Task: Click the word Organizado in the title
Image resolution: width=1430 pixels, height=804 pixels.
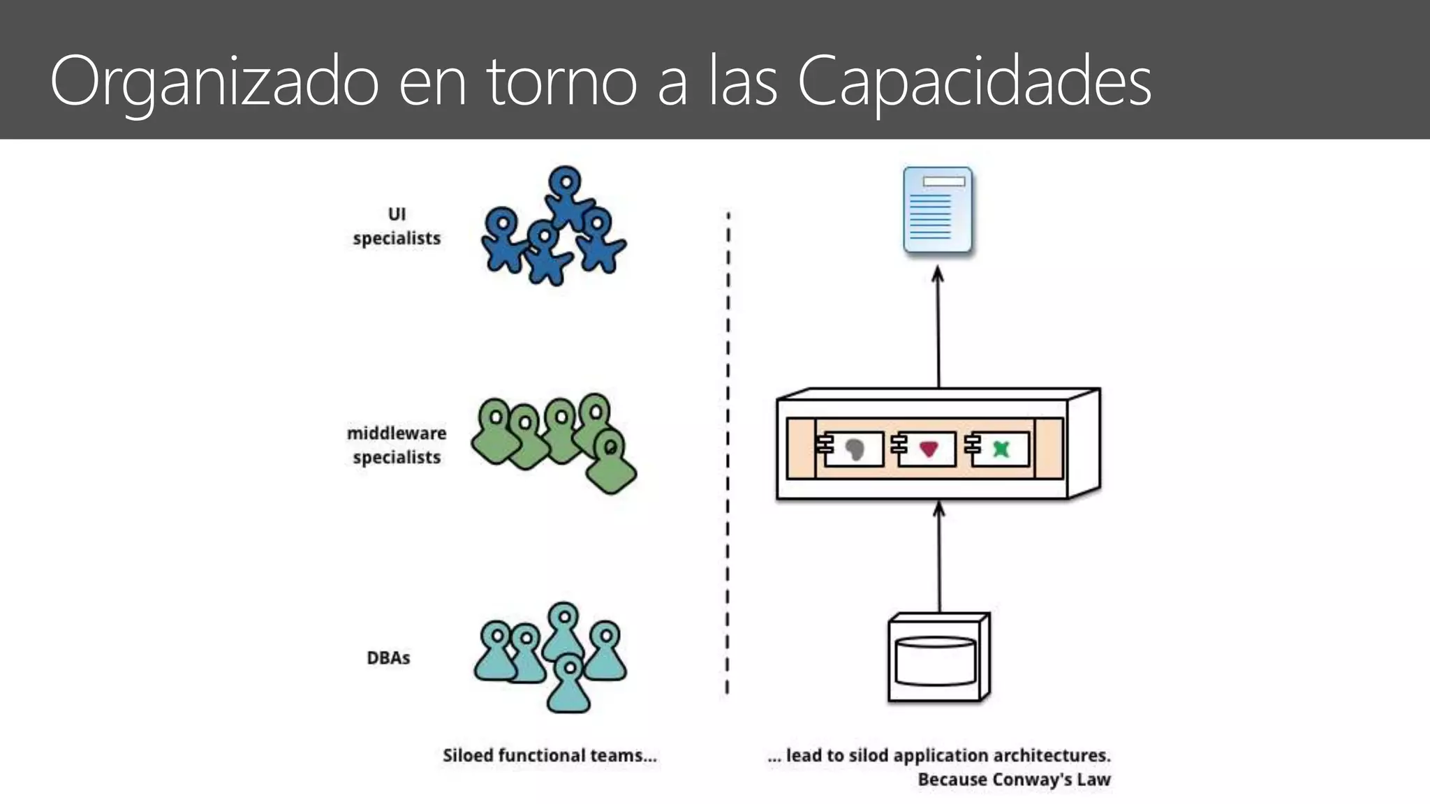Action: click(x=214, y=82)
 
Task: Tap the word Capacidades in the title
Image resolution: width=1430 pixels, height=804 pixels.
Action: click(x=973, y=82)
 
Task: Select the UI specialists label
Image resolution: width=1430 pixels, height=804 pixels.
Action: click(x=397, y=226)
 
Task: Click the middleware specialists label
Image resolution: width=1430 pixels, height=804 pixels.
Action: click(x=397, y=445)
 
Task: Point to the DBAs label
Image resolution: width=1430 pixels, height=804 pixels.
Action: click(x=388, y=657)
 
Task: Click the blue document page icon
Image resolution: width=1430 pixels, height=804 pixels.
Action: click(x=937, y=210)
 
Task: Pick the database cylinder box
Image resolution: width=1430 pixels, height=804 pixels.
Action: click(x=938, y=658)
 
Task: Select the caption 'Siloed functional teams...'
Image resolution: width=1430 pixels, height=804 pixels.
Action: click(x=550, y=755)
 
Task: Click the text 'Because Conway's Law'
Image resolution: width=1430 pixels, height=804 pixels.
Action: click(x=1014, y=780)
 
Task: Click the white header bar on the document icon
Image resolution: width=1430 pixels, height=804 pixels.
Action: click(x=943, y=181)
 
